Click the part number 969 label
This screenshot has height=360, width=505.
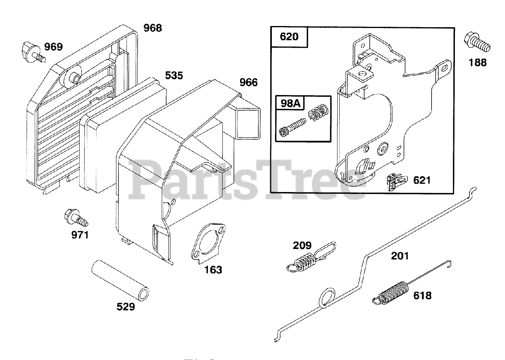(x=53, y=47)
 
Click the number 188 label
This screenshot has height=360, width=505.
(x=478, y=62)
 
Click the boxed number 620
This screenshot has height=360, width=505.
(x=289, y=37)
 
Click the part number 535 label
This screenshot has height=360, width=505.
(x=174, y=75)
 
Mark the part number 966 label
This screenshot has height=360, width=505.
(x=249, y=82)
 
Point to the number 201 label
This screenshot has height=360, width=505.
(x=400, y=256)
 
